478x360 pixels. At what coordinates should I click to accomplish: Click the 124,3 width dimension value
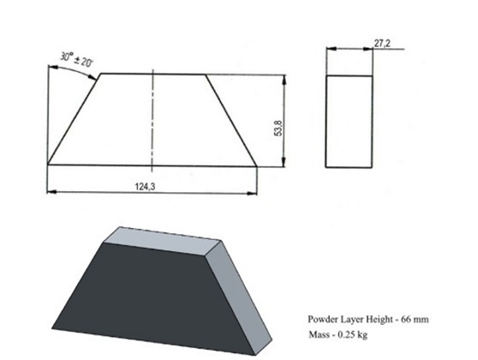click(x=145, y=186)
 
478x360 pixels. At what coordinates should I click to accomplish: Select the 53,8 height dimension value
click(x=278, y=128)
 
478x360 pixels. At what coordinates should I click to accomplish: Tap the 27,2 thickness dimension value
click(x=382, y=44)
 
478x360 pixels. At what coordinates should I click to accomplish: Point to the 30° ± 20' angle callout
click(x=76, y=59)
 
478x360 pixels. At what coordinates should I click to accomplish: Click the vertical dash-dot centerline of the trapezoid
click(x=152, y=122)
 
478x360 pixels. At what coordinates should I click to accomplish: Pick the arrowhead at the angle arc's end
click(x=93, y=77)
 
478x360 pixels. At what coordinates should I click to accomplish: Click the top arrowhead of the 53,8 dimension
click(x=284, y=80)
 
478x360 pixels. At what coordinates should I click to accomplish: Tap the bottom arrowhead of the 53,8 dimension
click(x=284, y=162)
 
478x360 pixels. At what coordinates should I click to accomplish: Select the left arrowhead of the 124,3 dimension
click(x=52, y=192)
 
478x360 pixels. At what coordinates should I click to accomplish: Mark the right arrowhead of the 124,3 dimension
click(x=252, y=193)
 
